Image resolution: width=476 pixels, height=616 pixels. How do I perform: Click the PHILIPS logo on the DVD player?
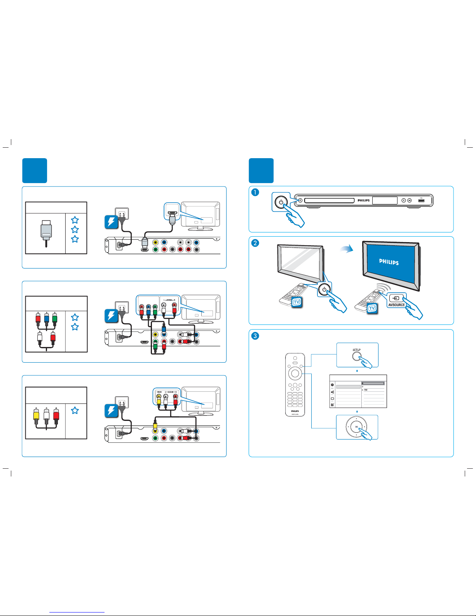[x=364, y=201]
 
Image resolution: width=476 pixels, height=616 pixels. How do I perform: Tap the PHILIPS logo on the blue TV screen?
[x=389, y=262]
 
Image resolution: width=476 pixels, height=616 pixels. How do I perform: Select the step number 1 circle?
[x=255, y=192]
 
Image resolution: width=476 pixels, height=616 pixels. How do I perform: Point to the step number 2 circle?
[x=255, y=243]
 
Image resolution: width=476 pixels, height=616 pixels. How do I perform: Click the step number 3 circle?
[x=255, y=336]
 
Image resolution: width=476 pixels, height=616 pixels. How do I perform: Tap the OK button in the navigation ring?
[x=356, y=427]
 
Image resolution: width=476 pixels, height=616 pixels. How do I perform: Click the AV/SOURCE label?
[x=396, y=305]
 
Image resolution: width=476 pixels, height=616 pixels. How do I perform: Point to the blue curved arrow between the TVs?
[x=347, y=249]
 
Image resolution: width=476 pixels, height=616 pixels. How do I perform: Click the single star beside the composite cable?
[x=75, y=410]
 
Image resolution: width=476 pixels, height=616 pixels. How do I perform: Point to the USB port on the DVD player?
[x=422, y=201]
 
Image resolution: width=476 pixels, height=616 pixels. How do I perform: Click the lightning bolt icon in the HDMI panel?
[x=112, y=222]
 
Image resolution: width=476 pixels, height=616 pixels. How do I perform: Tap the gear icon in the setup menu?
[x=332, y=385]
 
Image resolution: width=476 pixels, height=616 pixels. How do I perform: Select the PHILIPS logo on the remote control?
[x=295, y=411]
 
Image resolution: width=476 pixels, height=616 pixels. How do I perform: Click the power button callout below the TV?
[x=324, y=290]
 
